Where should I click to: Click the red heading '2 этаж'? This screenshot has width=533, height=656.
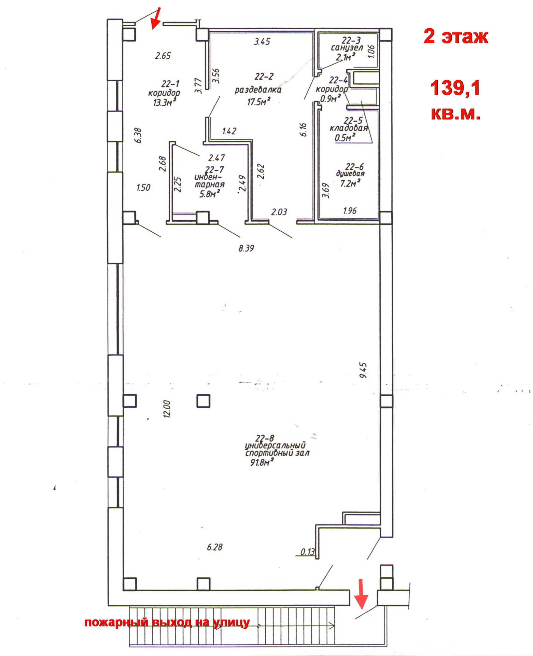455,36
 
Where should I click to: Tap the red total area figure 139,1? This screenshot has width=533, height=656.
455,88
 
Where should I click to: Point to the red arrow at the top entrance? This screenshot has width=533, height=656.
156,18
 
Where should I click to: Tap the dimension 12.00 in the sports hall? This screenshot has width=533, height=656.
167,409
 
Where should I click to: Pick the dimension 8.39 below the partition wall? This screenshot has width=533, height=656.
246,248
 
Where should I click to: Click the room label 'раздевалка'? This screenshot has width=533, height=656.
258,90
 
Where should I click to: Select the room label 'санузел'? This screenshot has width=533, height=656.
347,48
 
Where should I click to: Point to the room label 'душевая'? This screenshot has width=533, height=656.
350,174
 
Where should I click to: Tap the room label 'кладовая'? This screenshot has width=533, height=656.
349,128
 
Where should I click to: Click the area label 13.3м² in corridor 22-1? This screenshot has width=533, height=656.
165,102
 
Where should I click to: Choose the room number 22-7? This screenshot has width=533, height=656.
214,169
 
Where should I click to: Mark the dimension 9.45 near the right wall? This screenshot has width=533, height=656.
363,370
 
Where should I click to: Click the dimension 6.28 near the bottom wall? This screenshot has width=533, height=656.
214,547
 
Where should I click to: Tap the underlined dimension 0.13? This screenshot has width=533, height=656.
308,552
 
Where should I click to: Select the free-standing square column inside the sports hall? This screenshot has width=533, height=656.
204,401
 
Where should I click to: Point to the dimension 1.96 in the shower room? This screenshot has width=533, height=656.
350,210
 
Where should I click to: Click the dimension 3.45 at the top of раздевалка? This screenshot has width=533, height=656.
262,42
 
